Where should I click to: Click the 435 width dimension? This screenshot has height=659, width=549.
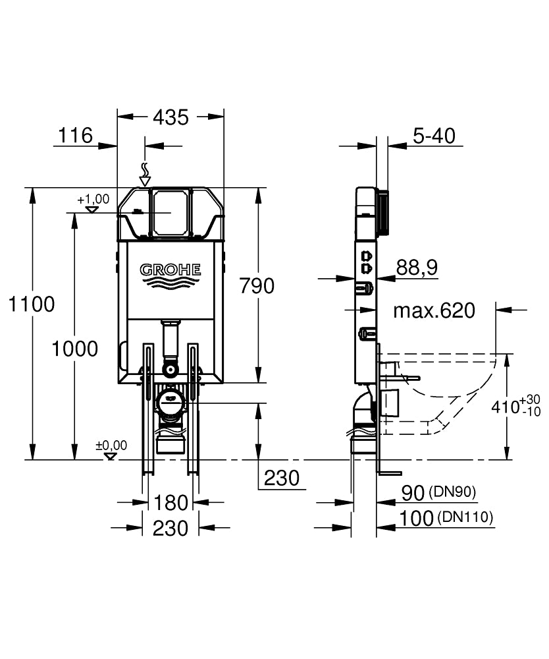170,117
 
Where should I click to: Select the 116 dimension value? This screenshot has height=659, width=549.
76,136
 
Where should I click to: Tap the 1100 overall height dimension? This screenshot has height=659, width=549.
31,304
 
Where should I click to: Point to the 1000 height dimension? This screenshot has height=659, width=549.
74,348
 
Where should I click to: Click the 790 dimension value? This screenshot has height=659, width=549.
255,286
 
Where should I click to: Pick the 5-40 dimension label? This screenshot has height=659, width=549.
434,136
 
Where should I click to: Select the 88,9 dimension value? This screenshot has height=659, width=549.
417,268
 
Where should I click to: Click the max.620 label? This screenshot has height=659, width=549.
434,310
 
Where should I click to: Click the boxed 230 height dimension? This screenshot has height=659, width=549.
282,478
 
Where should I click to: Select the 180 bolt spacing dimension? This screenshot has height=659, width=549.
171,503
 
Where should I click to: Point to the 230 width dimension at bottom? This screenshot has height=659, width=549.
170,528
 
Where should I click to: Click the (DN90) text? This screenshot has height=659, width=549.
452,492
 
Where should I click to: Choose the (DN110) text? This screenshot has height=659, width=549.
465,518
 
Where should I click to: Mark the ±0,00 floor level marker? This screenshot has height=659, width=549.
111,447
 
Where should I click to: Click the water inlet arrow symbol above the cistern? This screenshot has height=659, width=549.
145,174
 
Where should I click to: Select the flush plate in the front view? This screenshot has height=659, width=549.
171,212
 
